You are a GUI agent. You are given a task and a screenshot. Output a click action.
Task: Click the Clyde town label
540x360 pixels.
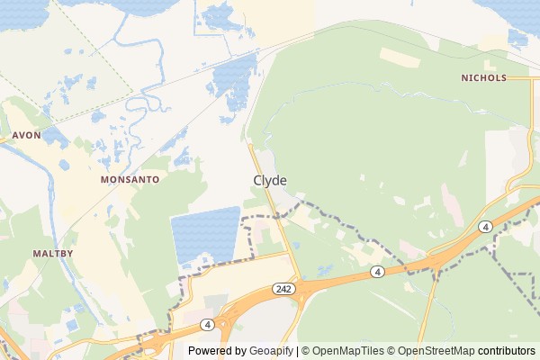click(x=270, y=180)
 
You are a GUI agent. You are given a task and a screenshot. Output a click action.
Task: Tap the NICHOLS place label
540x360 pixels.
click(x=483, y=78)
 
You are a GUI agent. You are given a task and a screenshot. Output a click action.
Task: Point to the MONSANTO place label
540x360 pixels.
click(x=130, y=180)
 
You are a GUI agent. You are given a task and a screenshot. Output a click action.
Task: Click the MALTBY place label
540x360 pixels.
click(x=52, y=254)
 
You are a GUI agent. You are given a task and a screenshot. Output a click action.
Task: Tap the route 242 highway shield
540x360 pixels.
click(x=283, y=287)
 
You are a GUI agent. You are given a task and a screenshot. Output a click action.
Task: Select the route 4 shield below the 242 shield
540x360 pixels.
click(x=207, y=324)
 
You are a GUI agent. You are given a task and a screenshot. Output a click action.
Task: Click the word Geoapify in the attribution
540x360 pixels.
click(x=272, y=351)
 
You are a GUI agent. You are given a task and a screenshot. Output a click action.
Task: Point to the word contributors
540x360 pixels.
click(x=507, y=351)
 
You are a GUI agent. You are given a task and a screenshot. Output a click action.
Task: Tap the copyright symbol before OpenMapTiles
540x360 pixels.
click(x=305, y=351)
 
